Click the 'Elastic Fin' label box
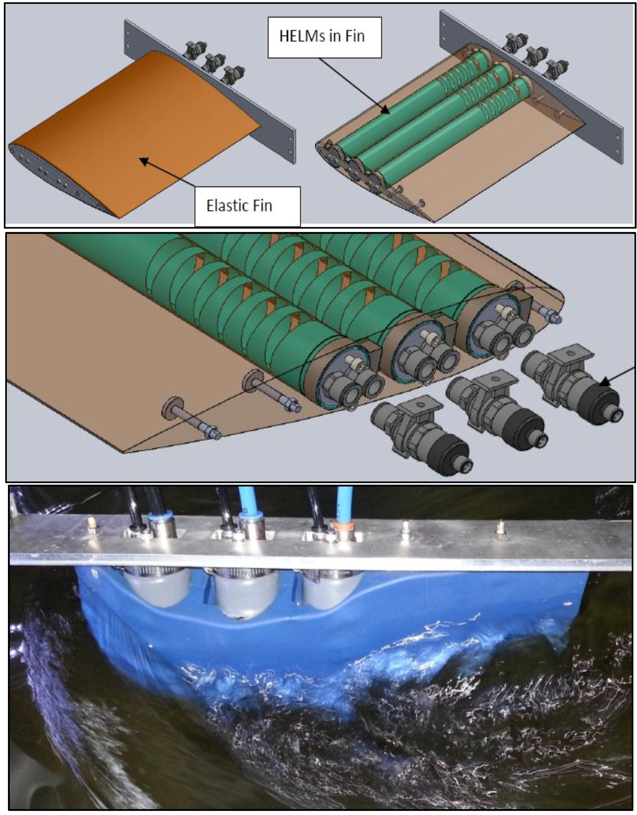coord(247,206)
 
